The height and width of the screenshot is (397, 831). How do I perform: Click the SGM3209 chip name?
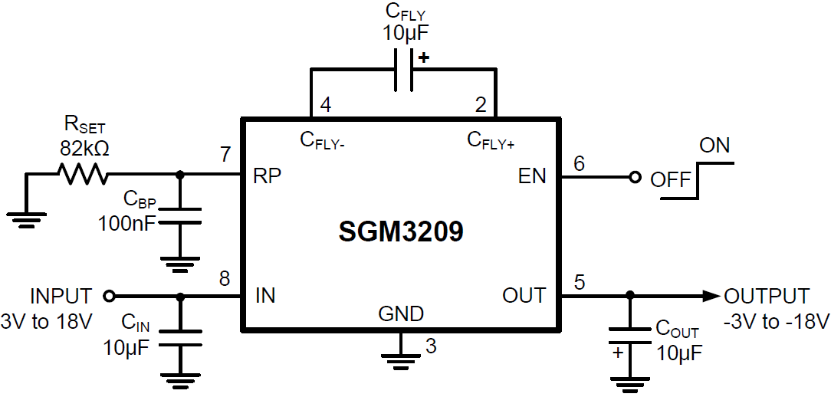401,231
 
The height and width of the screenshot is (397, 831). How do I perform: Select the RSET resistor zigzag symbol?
84,175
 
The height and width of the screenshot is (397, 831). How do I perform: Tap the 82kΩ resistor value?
84,149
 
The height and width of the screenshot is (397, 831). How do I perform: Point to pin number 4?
326,106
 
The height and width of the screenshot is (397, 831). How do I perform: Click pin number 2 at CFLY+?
481,106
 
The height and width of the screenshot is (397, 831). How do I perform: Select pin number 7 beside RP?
225,154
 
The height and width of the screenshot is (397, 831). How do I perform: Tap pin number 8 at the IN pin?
225,277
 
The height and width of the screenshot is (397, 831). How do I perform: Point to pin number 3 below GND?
431,346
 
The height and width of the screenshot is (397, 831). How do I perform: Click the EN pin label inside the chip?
532,176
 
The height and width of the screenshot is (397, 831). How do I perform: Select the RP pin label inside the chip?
267,176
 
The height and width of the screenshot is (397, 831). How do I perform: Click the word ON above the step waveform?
715,145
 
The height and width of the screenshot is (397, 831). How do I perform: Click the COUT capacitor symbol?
629,340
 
